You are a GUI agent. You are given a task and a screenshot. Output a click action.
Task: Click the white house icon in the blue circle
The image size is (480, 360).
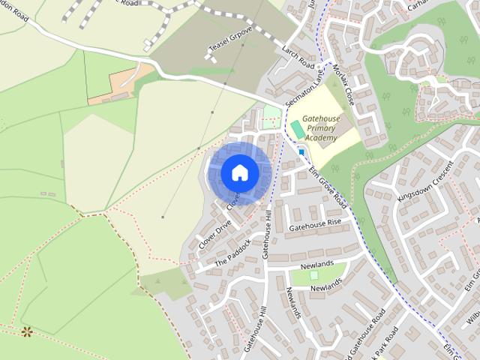click(239, 172)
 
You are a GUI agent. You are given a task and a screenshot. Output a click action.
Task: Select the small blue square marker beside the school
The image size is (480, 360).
click(301, 151)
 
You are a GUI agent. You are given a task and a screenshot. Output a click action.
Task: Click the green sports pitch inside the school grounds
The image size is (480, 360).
click(298, 130)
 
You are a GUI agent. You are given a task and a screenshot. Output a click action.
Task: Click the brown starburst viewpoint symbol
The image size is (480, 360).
click(27, 331)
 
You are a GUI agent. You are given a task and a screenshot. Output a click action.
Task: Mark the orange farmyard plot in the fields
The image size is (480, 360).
click(112, 86)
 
